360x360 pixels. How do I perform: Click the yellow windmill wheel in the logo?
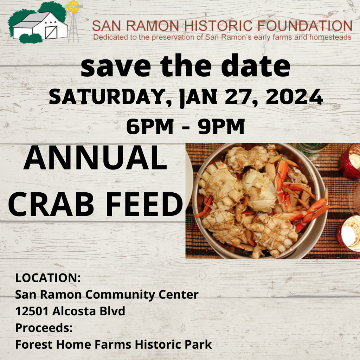(x=73, y=7)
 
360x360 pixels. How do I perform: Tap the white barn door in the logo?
(x=51, y=32)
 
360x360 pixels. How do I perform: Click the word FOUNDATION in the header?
(x=305, y=26)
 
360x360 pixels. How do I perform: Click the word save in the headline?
(x=116, y=67)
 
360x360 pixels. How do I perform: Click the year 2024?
(x=294, y=97)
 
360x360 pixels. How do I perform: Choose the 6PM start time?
(x=150, y=126)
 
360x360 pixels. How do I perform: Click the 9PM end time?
(x=221, y=126)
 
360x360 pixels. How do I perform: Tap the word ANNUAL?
(x=95, y=158)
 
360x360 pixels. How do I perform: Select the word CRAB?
(x=51, y=204)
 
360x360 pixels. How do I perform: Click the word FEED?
(x=144, y=204)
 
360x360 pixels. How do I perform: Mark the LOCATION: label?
(x=48, y=278)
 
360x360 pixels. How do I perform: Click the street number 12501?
(x=32, y=311)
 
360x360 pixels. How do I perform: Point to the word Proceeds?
(x=44, y=328)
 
